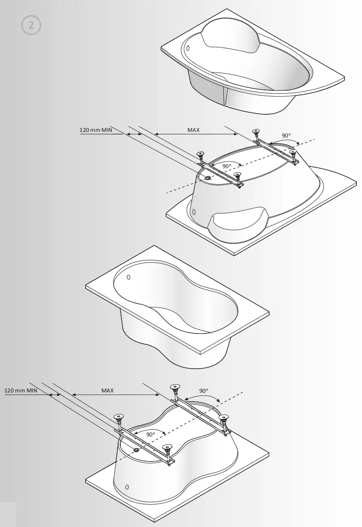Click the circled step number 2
(x=31, y=25)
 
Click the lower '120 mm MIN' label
(x=21, y=390)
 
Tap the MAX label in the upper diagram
(x=193, y=130)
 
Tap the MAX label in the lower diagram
(x=107, y=390)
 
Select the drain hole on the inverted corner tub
(x=208, y=178)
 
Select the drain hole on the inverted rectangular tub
(x=136, y=450)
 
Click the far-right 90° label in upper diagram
(x=286, y=136)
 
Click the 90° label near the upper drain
(x=226, y=166)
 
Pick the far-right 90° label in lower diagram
(x=204, y=390)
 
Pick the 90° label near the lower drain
(x=151, y=434)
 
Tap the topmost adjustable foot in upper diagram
(x=256, y=131)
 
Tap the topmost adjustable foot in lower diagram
(x=175, y=388)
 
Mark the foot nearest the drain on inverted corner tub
(x=237, y=176)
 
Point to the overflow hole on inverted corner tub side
(x=194, y=211)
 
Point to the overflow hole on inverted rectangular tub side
(x=127, y=487)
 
